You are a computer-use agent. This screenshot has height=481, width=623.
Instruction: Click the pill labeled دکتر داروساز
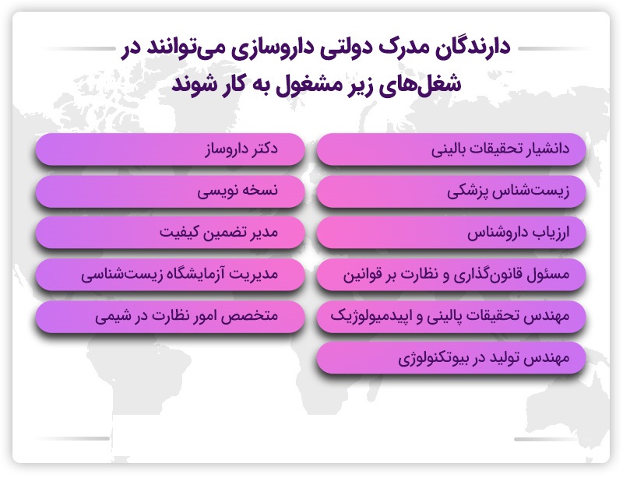[170, 149]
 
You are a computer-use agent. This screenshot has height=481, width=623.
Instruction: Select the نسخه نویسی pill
[170, 191]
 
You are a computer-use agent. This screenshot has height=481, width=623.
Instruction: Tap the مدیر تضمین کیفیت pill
[170, 233]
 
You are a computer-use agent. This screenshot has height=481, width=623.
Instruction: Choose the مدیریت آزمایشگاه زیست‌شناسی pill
[170, 275]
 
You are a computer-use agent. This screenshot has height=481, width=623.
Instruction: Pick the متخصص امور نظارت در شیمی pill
[170, 317]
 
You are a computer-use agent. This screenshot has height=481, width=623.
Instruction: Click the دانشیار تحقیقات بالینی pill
[452, 149]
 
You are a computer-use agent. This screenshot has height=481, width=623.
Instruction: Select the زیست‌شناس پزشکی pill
[452, 191]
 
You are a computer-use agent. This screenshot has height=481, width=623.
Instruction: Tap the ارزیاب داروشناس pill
[452, 233]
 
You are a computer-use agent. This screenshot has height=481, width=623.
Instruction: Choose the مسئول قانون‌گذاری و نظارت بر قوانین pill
[452, 275]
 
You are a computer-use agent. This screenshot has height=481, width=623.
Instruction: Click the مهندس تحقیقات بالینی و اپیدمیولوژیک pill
[452, 317]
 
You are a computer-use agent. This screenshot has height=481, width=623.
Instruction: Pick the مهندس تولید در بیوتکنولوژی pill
[452, 358]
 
